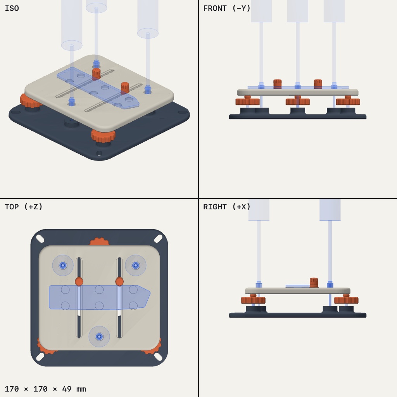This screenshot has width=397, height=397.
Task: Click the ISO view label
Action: coord(12,8)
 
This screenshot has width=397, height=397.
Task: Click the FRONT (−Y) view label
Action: coord(226,9)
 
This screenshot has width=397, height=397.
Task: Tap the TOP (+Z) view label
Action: coord(24,207)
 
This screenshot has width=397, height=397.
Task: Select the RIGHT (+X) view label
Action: coord(226,207)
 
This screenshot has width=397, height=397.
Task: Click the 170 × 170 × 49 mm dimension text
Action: coord(45,388)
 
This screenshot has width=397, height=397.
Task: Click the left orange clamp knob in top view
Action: coord(79,281)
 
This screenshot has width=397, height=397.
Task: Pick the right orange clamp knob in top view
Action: coord(119,281)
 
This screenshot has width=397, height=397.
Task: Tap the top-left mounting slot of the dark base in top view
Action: coord(40,238)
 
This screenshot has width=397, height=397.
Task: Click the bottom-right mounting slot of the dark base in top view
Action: coord(158,357)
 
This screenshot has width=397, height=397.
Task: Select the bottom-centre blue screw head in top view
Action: coord(99,337)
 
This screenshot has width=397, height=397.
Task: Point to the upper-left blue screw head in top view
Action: coord(63,265)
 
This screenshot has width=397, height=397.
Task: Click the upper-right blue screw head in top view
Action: coord(136,265)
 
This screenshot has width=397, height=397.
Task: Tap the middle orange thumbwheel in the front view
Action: coord(298,102)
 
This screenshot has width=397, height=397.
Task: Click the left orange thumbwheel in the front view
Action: coord(248,102)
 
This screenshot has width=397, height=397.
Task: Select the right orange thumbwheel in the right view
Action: coord(346,300)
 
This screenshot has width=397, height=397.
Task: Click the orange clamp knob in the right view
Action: coord(314,283)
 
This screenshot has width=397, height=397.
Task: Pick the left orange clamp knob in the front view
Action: coord(278,84)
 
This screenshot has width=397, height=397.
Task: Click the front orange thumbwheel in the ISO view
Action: coord(103,136)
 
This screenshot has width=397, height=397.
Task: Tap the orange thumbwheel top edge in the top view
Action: coord(100,242)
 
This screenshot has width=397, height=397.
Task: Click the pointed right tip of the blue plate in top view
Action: coord(150,293)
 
